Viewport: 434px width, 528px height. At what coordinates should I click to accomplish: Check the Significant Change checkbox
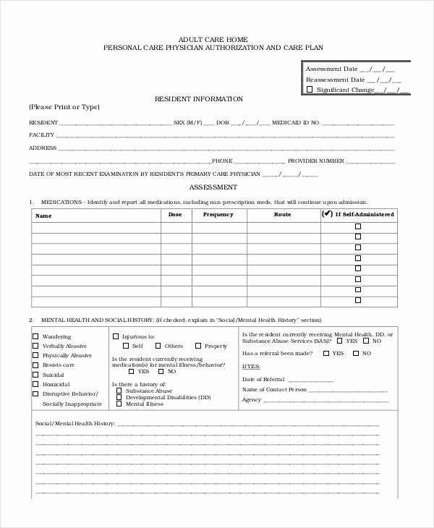coord(310,90)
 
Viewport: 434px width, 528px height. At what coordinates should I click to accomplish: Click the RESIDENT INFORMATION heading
coord(199,99)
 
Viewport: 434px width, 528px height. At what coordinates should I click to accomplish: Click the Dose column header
coord(176,215)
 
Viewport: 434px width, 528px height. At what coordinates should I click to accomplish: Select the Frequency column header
coord(218,215)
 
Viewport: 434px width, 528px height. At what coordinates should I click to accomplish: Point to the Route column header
coord(282,215)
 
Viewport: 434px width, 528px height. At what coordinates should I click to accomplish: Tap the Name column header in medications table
coord(44,216)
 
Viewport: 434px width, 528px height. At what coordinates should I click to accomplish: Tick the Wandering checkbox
coord(35,337)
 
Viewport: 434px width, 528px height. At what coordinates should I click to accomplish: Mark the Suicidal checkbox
coord(35,375)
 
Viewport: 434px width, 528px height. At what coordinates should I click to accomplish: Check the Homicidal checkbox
coord(35,384)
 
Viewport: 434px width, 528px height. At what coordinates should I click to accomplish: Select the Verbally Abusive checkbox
coord(35,346)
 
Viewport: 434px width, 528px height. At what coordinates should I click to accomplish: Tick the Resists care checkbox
coord(35,365)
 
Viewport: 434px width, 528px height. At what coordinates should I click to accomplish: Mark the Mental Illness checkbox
coord(119,404)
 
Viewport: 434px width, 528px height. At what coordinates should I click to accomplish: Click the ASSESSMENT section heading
coord(209,187)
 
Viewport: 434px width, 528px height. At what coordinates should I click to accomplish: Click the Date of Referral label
coord(263,379)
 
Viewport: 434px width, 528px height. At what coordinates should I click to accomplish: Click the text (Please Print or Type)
coord(64,107)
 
